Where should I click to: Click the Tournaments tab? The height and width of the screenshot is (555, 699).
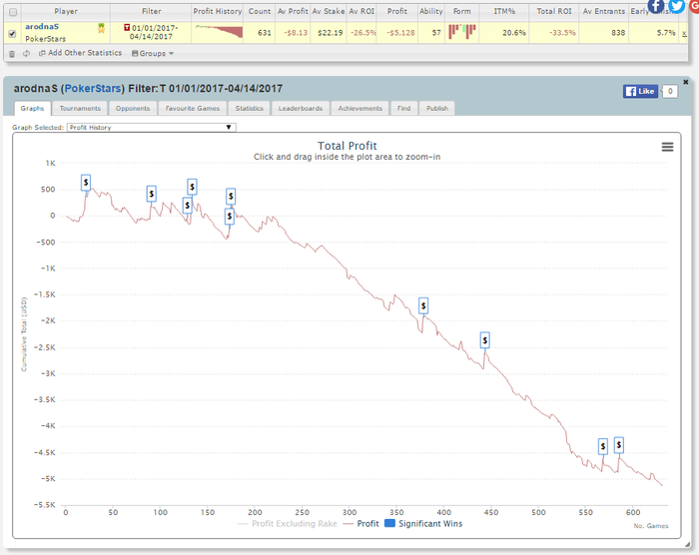(x=80, y=108)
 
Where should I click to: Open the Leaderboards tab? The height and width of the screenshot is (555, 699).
(x=300, y=108)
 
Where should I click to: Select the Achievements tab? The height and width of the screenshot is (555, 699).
(x=359, y=108)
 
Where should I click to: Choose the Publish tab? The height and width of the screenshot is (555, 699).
(x=437, y=108)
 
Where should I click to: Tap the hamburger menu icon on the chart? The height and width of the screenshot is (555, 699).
(x=667, y=147)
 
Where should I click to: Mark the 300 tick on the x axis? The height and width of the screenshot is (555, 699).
(x=349, y=512)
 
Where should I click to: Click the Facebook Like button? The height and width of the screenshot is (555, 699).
(x=640, y=91)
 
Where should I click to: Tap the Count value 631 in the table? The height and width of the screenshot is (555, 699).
(x=265, y=32)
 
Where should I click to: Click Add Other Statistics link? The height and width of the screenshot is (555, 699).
(x=84, y=53)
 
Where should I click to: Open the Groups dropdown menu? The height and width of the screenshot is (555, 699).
(x=153, y=53)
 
